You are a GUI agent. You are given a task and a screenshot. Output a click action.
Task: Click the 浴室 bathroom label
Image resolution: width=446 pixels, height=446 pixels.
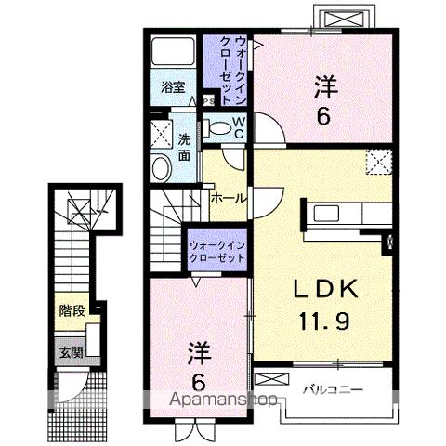click(x=172, y=88)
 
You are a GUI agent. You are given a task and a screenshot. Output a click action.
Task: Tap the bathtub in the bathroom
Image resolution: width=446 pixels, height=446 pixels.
click(x=172, y=52)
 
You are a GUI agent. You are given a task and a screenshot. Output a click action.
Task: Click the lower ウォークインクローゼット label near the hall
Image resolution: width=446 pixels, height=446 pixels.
click(x=216, y=250)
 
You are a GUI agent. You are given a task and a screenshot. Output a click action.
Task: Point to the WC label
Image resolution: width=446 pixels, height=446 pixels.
click(x=238, y=128)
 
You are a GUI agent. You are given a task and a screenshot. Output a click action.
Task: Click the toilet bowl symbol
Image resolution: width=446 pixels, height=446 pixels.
click(x=220, y=128)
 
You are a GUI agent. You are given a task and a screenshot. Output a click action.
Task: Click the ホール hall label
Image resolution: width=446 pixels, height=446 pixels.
click(x=229, y=199)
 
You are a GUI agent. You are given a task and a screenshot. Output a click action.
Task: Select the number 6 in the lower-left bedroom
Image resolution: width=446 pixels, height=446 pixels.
click(x=199, y=382)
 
